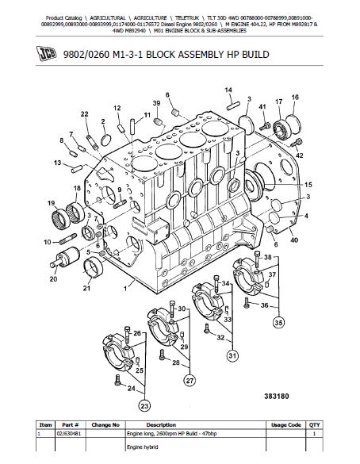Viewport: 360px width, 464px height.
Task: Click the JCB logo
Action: (47, 54)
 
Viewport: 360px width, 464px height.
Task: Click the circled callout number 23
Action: (144, 406)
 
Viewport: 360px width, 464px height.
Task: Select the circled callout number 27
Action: (190, 381)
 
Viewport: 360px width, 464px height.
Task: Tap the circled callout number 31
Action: (232, 355)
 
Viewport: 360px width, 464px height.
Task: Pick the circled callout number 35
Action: (278, 323)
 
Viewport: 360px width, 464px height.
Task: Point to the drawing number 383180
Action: (276, 397)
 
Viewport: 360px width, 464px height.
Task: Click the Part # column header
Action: (71, 425)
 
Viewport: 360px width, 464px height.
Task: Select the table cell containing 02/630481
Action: (71, 434)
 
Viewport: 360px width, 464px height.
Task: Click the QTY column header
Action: (314, 425)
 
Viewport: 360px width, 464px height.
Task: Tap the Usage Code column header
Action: (285, 425)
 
